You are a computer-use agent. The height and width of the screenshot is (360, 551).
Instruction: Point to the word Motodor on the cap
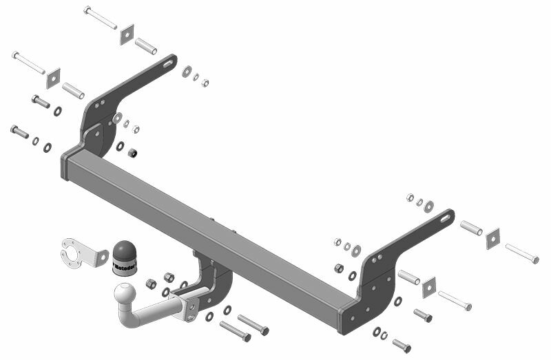[x=125, y=266]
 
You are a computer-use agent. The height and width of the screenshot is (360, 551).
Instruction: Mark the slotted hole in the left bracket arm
[x=167, y=65]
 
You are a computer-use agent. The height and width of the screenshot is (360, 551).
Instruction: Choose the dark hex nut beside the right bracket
[x=340, y=268]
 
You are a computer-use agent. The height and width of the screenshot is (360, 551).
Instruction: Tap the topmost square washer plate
[x=127, y=34]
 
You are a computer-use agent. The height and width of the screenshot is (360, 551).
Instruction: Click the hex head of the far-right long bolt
[x=534, y=260]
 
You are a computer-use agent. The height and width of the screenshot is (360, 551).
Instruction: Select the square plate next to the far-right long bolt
[x=492, y=238]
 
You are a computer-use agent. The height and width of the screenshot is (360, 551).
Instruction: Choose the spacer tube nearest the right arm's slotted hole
[x=470, y=227]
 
